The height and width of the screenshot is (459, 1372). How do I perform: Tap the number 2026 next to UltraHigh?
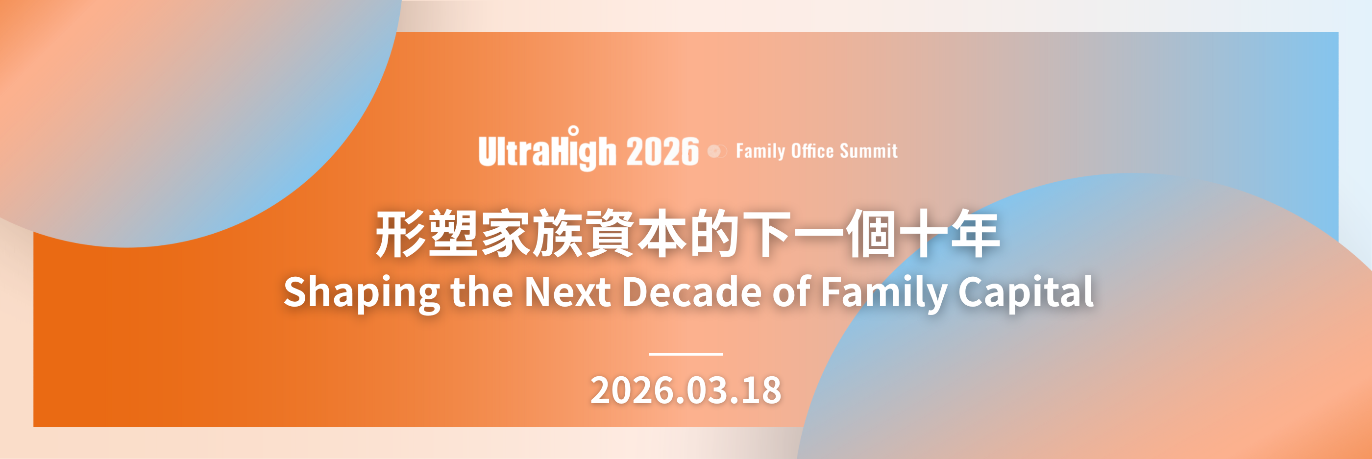pyautogui.click(x=662, y=151)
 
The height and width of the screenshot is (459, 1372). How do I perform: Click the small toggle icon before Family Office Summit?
pyautogui.click(x=717, y=152)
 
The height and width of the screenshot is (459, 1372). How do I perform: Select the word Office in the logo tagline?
pyautogui.click(x=812, y=151)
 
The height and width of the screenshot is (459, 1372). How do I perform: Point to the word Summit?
pyautogui.click(x=869, y=151)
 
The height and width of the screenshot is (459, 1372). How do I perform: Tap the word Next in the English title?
pyautogui.click(x=568, y=292)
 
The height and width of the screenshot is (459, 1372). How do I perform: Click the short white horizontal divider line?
pyautogui.click(x=686, y=354)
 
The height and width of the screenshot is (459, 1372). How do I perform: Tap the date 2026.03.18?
pyautogui.click(x=686, y=390)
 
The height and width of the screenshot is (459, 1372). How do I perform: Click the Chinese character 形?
pyautogui.click(x=400, y=234)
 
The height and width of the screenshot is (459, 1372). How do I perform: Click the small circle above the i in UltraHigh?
pyautogui.click(x=573, y=131)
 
